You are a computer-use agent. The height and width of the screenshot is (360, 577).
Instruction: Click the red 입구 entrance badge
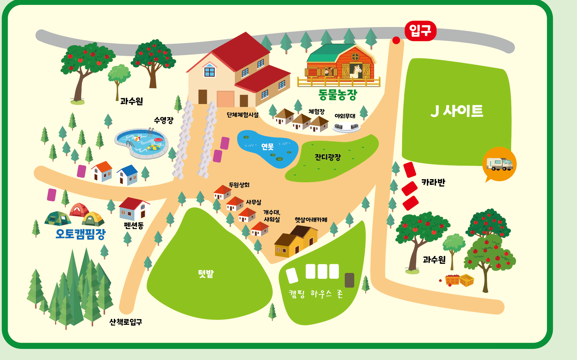(x=420, y=31)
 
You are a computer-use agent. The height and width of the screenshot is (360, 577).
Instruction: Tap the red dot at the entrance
(x=396, y=40)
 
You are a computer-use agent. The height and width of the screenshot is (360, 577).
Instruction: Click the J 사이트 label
(x=457, y=111)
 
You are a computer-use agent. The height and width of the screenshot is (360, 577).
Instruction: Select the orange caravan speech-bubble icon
(x=499, y=164)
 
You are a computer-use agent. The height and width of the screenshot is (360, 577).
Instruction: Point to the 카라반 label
(x=433, y=182)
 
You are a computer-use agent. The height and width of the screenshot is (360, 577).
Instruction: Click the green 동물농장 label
(x=338, y=95)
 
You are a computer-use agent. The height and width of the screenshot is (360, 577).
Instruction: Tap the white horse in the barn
(x=357, y=72)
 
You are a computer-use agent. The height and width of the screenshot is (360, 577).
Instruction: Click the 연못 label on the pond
(x=267, y=147)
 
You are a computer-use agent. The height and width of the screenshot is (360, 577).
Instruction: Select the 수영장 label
(x=164, y=120)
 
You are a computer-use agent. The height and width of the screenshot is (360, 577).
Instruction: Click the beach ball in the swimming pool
(x=137, y=139)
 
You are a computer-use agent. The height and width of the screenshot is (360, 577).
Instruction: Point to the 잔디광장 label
(x=328, y=157)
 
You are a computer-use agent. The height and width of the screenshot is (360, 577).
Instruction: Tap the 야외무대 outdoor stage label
(x=345, y=116)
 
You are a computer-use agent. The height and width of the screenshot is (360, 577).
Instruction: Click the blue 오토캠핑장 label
(x=81, y=234)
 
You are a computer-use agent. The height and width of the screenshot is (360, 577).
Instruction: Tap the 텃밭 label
(x=206, y=274)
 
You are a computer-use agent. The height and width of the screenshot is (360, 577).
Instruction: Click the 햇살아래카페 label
(x=311, y=220)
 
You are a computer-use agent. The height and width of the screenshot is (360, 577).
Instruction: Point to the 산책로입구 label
(x=126, y=322)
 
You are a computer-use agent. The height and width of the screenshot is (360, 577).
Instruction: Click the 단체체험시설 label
(x=243, y=115)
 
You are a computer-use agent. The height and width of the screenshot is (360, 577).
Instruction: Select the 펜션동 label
(x=134, y=225)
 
